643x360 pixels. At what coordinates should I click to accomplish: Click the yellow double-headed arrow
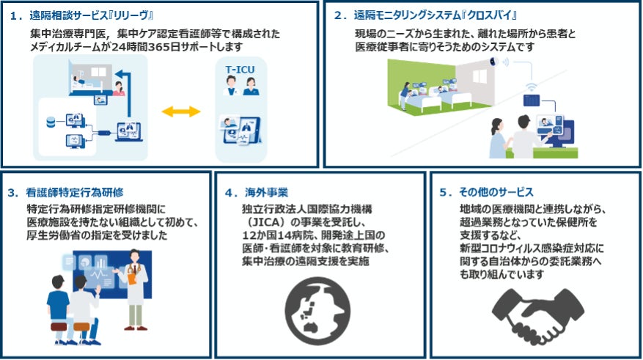[181, 111]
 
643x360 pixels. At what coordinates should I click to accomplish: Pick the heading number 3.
[12, 194]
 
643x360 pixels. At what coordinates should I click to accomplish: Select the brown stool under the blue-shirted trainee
[59, 327]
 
